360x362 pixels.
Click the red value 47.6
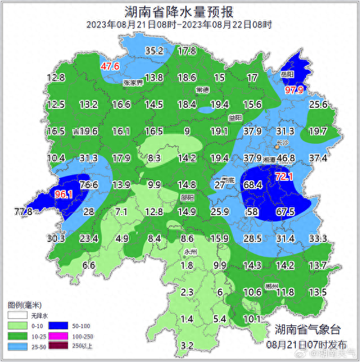[x=110, y=66]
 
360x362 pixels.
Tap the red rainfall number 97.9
[x=294, y=90]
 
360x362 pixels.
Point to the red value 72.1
[x=284, y=176]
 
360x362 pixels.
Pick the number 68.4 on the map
[x=253, y=185]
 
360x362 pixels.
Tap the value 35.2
[x=154, y=51]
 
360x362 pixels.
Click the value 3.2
[x=187, y=346]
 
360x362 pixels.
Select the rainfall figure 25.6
[x=318, y=105]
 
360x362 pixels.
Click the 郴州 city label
[x=272, y=286]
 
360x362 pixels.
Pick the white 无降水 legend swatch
[x=17, y=315]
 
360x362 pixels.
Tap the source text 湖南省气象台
[x=304, y=330]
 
